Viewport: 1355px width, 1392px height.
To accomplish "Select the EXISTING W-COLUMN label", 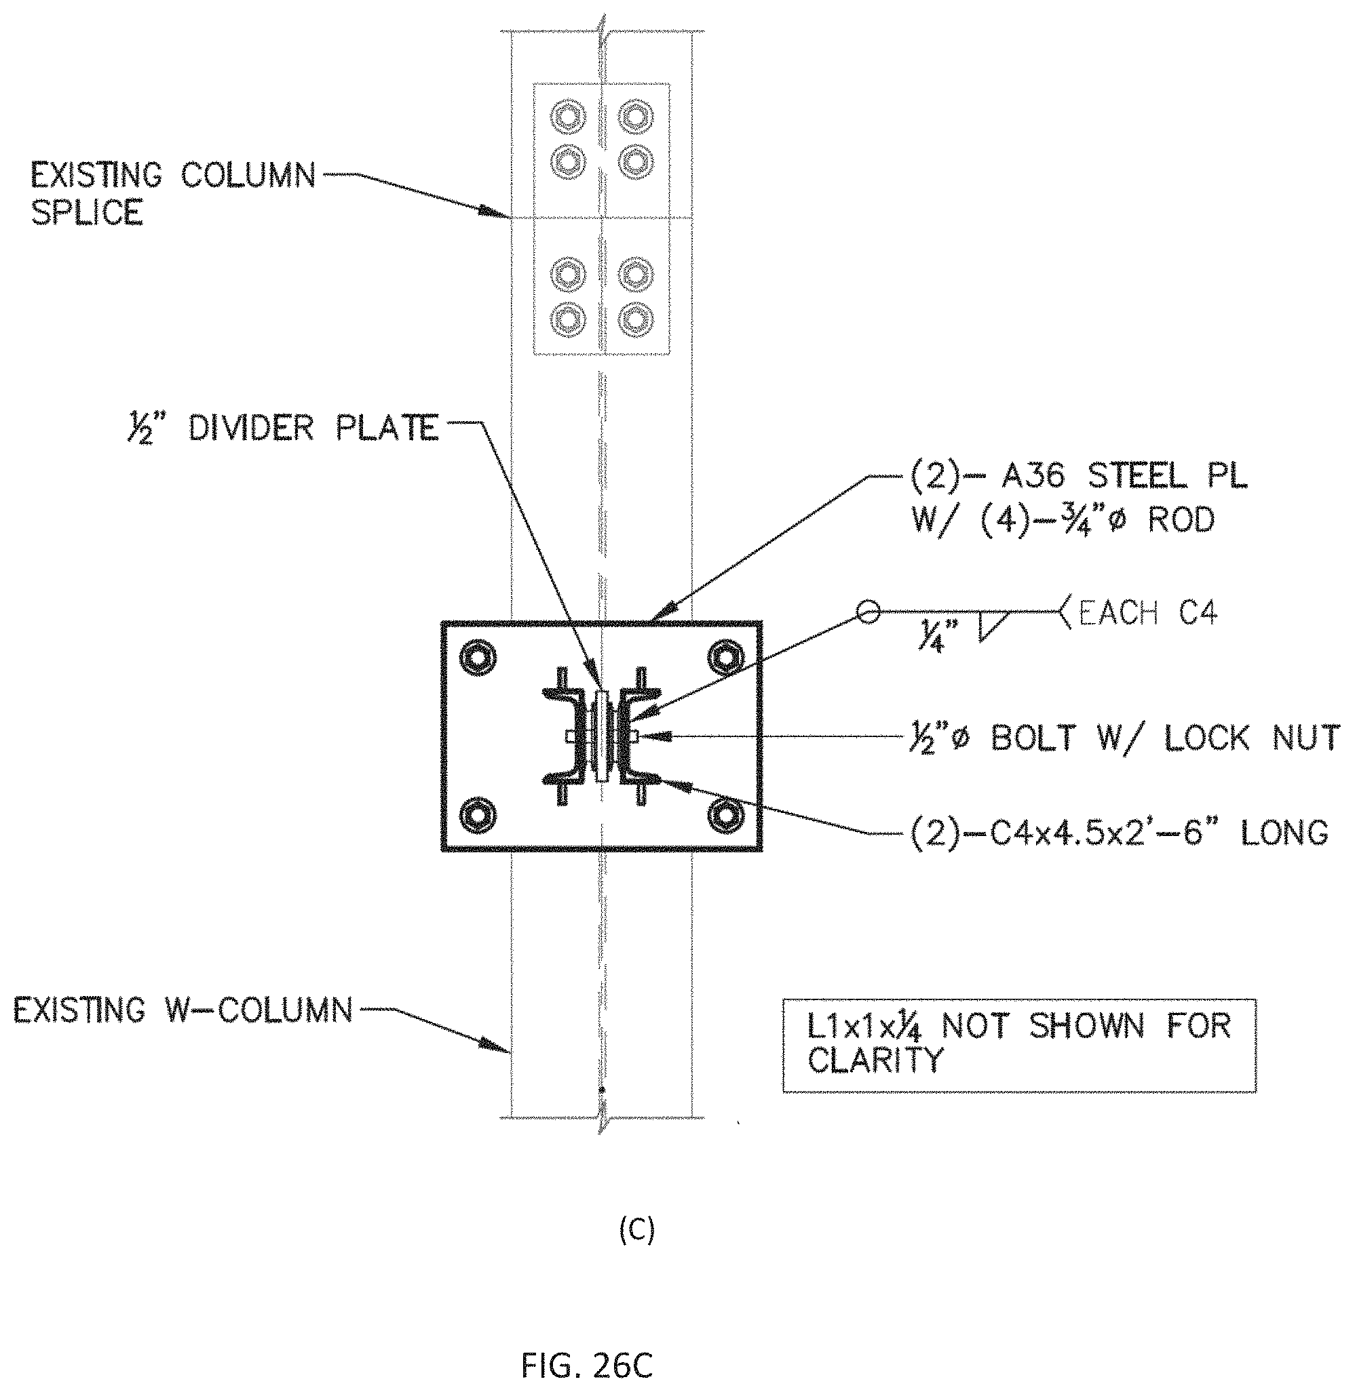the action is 183,1011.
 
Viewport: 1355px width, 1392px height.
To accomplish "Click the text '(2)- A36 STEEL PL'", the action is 1079,477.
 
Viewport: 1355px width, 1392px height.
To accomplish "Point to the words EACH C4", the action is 1148,612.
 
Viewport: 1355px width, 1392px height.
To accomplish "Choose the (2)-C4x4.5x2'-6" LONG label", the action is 1120,831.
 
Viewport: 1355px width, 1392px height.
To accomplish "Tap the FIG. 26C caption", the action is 587,1366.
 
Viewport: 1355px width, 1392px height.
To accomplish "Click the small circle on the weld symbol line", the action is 868,611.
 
